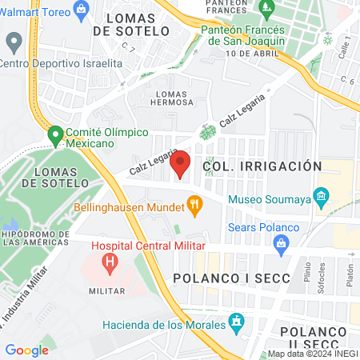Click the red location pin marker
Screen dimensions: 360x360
click(181, 162)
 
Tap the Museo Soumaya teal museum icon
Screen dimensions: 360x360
click(322, 196)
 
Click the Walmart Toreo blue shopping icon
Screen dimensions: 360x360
click(79, 9)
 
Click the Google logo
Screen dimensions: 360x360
click(26, 350)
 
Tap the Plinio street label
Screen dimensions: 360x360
click(308, 275)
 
